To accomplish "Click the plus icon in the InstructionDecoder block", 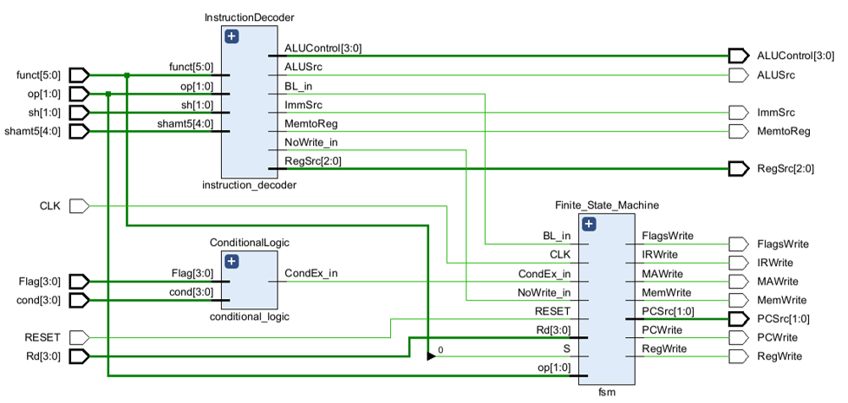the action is click(231, 36).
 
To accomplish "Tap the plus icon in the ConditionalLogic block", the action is click(231, 262).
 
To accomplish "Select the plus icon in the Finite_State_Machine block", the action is click(590, 224).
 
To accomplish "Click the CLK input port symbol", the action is click(80, 205).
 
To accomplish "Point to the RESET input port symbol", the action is click(80, 338).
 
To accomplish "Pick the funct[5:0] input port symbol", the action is click(80, 75).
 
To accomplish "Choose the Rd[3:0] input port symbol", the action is click(80, 356).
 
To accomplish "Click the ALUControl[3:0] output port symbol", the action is click(738, 55).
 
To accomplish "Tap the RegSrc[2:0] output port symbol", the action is click(738, 168).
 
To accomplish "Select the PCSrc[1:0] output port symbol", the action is click(738, 319).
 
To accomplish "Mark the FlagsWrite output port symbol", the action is click(738, 244).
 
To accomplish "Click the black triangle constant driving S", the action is click(431, 356).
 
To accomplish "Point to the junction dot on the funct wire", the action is click(127, 75).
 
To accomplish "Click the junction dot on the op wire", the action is click(108, 94).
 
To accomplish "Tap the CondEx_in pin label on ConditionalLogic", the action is click(311, 273).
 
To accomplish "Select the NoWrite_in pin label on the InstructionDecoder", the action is click(311, 142).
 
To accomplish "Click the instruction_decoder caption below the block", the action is click(249, 185).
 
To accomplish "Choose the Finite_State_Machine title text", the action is click(607, 205).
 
